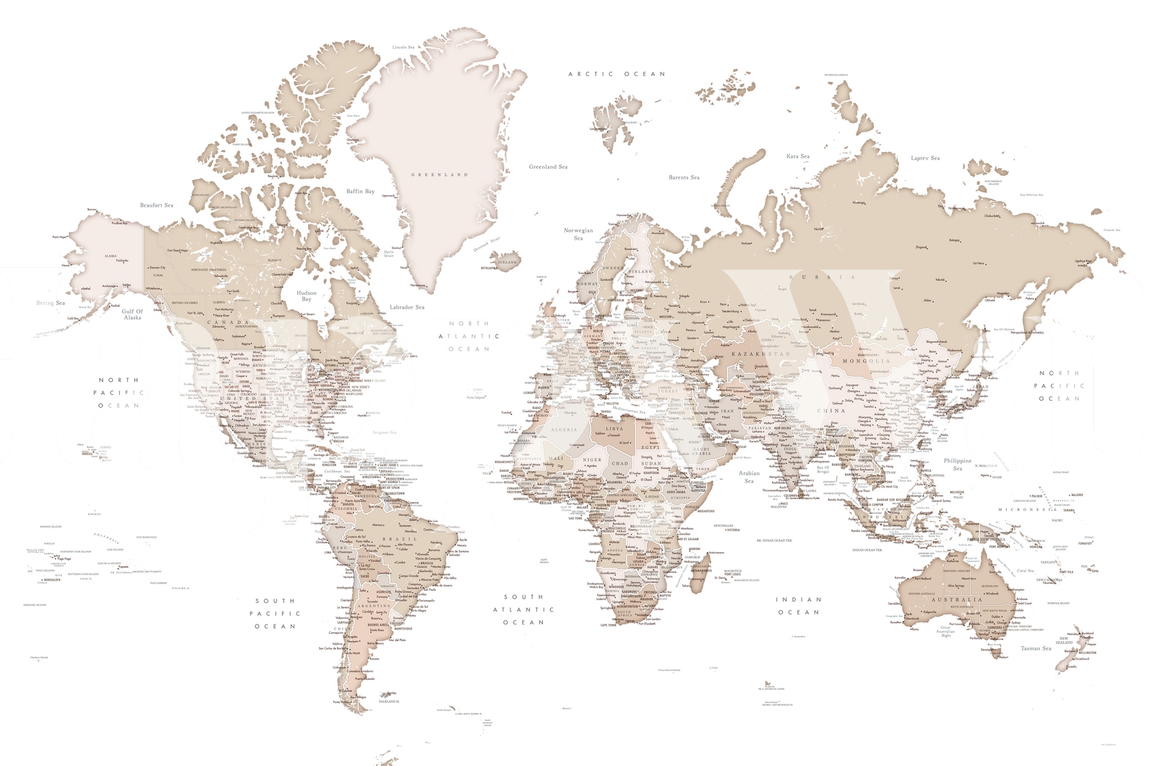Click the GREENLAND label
pos(439,174)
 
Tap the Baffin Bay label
pos(360,191)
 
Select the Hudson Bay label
pos(307,296)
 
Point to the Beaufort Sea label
pos(157,205)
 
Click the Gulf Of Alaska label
pos(132,314)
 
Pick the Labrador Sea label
pos(407,307)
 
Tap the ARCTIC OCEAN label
pos(617,74)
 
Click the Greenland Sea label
pos(548,167)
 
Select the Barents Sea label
pos(684,177)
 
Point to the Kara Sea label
pos(798,156)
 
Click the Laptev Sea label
pos(925,158)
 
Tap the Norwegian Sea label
pos(578,234)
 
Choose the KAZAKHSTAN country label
pos(760,354)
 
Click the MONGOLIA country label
pos(866,361)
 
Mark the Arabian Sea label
pos(749,477)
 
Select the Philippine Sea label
pos(957,464)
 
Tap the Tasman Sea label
pos(1036,648)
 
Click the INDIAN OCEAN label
pos(798,606)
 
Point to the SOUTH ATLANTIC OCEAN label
pos(524,609)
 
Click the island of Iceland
pos(508,260)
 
